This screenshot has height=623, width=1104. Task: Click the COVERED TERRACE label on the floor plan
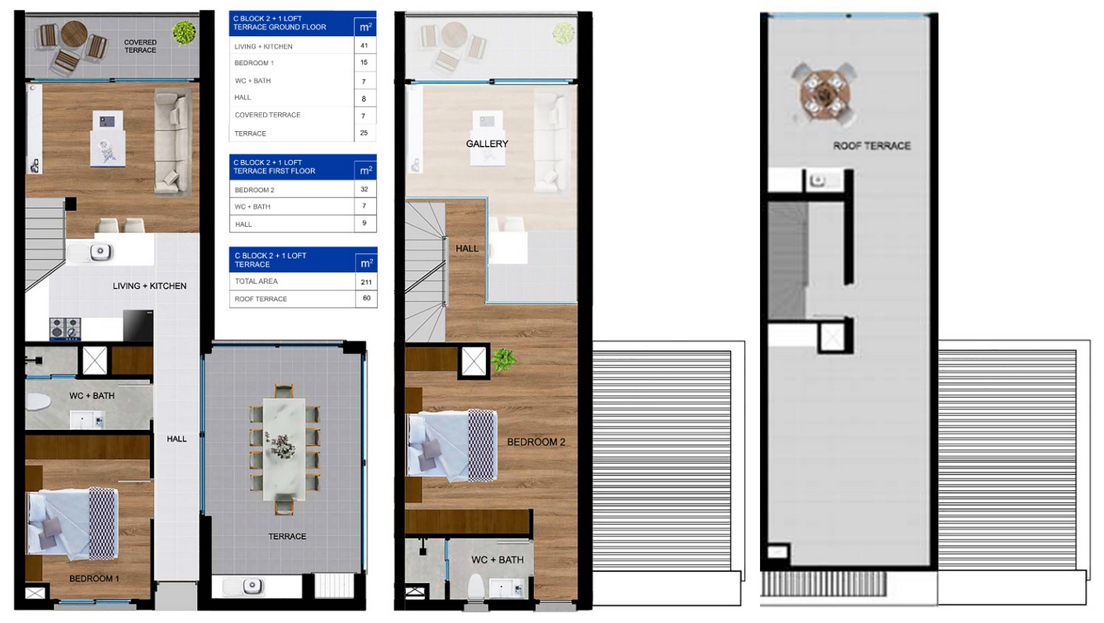pyautogui.click(x=141, y=46)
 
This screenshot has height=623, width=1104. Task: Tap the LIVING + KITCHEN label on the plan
pyautogui.click(x=149, y=286)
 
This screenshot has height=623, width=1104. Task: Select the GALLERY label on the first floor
pyautogui.click(x=487, y=144)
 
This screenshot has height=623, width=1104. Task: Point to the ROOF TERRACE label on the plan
pyautogui.click(x=872, y=146)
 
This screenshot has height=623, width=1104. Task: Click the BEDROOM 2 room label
pyautogui.click(x=536, y=443)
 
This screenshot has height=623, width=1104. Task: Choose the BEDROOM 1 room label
pyautogui.click(x=94, y=579)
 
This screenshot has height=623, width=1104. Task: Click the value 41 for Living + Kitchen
pyautogui.click(x=364, y=46)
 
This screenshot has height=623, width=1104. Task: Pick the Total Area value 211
pyautogui.click(x=366, y=282)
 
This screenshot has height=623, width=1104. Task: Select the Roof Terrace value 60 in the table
pyautogui.click(x=367, y=298)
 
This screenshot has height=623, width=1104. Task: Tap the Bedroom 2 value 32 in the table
pyautogui.click(x=364, y=189)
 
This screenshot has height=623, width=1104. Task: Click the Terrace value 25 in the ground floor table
pyautogui.click(x=364, y=133)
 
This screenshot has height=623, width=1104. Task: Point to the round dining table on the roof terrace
pyautogui.click(x=824, y=93)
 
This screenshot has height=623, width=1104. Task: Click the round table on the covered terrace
pyautogui.click(x=75, y=34)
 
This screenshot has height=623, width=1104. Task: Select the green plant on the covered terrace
pyautogui.click(x=185, y=32)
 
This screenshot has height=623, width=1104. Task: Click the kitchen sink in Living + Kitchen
pyautogui.click(x=101, y=252)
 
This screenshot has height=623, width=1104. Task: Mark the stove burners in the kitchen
pyautogui.click(x=65, y=329)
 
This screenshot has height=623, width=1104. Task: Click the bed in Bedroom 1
pyautogui.click(x=73, y=524)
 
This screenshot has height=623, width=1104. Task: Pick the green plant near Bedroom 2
pyautogui.click(x=503, y=360)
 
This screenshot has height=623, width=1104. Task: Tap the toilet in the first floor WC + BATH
pyautogui.click(x=476, y=587)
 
